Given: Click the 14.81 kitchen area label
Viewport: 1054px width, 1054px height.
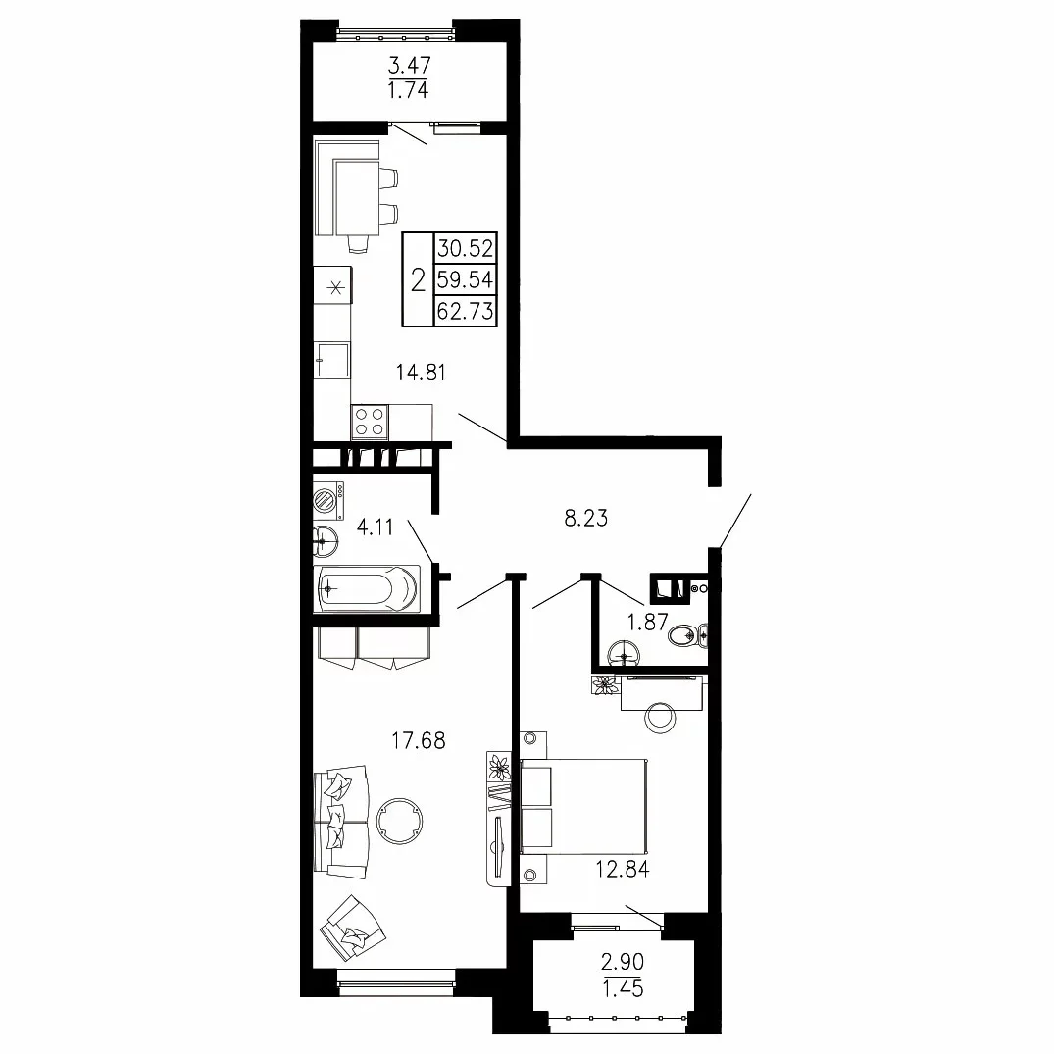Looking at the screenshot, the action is pyautogui.click(x=421, y=372).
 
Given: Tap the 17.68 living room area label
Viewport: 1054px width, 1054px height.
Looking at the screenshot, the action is pyautogui.click(x=418, y=740).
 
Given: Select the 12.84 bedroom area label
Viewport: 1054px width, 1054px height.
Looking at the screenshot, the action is pyautogui.click(x=623, y=869).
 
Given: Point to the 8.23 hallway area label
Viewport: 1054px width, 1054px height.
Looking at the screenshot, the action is pyautogui.click(x=586, y=518).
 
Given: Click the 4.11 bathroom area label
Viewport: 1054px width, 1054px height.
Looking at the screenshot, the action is pyautogui.click(x=376, y=527).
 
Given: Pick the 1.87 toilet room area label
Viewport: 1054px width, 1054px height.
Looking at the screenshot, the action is pyautogui.click(x=647, y=622).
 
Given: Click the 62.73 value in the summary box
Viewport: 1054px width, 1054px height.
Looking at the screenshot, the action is pyautogui.click(x=465, y=311).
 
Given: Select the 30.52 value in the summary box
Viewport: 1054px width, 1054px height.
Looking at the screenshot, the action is pyautogui.click(x=465, y=249).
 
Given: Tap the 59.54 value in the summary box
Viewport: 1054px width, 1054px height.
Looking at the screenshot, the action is pyautogui.click(x=465, y=279).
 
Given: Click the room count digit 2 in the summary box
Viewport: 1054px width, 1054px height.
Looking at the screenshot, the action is pyautogui.click(x=418, y=279).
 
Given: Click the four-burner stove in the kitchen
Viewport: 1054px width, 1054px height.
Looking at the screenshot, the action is pyautogui.click(x=370, y=422).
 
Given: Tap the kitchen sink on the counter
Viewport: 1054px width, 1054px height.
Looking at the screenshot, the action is pyautogui.click(x=332, y=360).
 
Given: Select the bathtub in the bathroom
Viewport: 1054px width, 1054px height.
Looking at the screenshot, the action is pyautogui.click(x=368, y=589).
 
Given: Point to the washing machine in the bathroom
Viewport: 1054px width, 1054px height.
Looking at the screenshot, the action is pyautogui.click(x=328, y=499).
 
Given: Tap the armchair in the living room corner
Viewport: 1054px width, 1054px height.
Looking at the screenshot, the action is pyautogui.click(x=352, y=929).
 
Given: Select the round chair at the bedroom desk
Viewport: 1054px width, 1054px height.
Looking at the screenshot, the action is pyautogui.click(x=661, y=719).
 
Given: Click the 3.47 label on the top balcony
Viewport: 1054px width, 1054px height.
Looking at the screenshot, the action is pyautogui.click(x=410, y=66).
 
